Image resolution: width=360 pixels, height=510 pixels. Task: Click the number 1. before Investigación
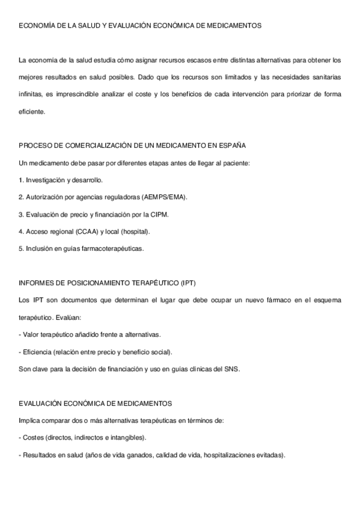22,180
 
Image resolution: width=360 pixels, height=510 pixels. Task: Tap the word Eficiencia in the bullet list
37,351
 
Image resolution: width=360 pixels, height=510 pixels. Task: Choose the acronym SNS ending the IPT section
231,368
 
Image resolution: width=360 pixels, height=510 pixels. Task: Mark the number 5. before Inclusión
22,248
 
